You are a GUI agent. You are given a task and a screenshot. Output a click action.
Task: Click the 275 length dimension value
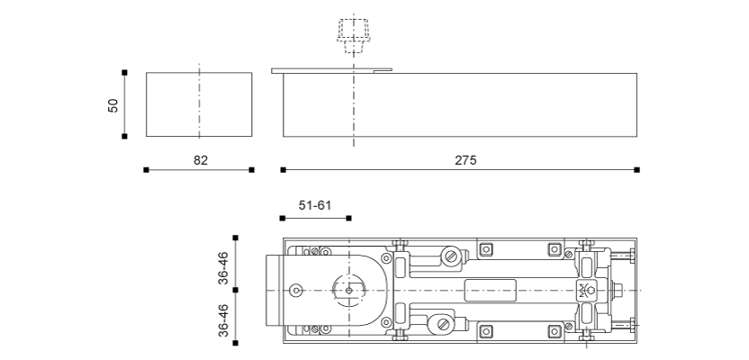pyautogui.click(x=465, y=160)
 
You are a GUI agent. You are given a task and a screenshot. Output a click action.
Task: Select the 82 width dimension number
pyautogui.click(x=201, y=160)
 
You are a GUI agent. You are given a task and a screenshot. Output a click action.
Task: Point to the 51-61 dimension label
pyautogui.click(x=315, y=206)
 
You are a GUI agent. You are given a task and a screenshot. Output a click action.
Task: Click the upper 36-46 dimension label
pyautogui.click(x=223, y=267)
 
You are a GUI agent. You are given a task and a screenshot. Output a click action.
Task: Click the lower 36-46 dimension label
pyautogui.click(x=223, y=319)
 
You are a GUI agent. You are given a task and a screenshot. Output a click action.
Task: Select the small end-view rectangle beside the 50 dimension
pyautogui.click(x=199, y=105)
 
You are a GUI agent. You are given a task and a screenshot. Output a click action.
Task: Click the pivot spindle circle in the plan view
pyautogui.click(x=348, y=290)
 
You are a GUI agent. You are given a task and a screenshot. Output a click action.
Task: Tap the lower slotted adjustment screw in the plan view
pyautogui.click(x=441, y=322)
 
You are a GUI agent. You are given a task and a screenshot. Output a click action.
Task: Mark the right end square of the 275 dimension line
pyautogui.click(x=636, y=169)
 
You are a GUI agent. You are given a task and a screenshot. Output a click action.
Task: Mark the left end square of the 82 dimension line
pyautogui.click(x=146, y=169)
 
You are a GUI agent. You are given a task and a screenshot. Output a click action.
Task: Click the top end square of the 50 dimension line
pyautogui.click(x=124, y=72)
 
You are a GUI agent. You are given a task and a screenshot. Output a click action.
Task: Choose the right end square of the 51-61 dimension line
pyautogui.click(x=348, y=218)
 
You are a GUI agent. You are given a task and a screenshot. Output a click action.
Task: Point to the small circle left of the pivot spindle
pyautogui.click(x=296, y=290)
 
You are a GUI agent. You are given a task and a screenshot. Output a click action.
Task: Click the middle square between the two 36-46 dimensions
pyautogui.click(x=236, y=290)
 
